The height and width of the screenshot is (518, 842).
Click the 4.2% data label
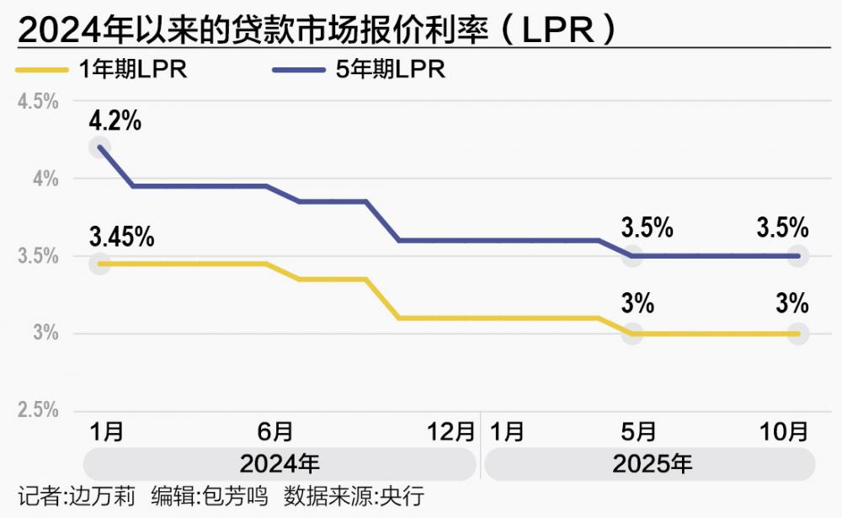115,121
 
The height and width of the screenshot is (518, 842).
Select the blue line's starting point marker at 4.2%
101,147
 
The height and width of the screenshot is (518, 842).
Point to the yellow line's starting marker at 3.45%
101,264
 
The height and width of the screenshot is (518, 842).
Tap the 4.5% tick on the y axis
38,101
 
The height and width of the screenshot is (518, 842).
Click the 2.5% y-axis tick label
38,410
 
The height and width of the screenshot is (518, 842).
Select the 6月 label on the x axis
275,432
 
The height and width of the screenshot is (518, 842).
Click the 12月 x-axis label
451,432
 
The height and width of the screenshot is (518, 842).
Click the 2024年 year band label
280,463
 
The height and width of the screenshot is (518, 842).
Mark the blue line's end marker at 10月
797,255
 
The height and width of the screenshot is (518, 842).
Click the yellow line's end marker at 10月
797,334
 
